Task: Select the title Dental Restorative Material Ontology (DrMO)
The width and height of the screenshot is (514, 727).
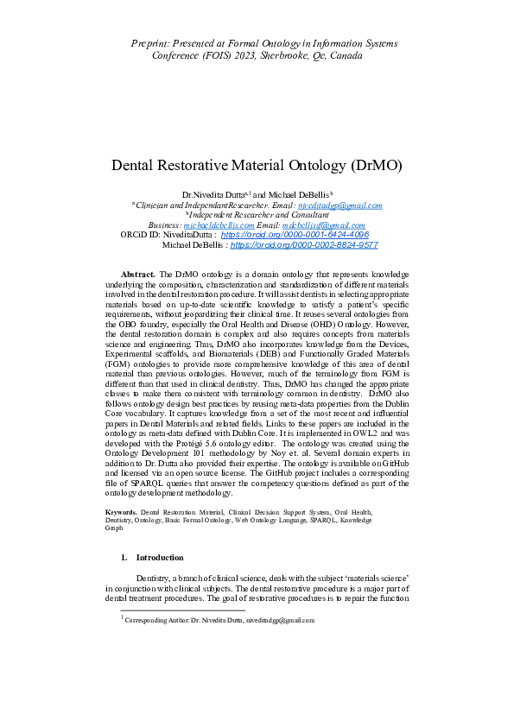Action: pyautogui.click(x=257, y=166)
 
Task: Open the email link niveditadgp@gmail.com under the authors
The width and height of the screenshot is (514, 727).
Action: pyautogui.click(x=339, y=205)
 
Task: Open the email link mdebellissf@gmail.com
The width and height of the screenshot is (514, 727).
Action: pyautogui.click(x=330, y=224)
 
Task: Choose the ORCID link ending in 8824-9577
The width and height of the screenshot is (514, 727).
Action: pyautogui.click(x=304, y=245)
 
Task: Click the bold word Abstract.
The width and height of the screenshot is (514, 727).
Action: pyautogui.click(x=137, y=273)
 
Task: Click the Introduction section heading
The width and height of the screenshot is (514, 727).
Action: pyautogui.click(x=160, y=558)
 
